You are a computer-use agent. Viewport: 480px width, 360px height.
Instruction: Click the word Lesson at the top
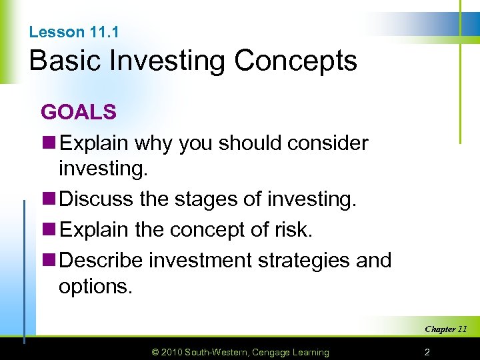point(57,32)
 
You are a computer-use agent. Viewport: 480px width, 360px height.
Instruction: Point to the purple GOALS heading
point(79,112)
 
